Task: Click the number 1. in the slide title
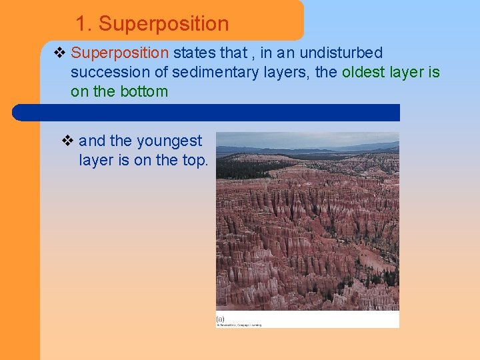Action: [x=83, y=25]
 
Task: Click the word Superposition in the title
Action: [x=163, y=25]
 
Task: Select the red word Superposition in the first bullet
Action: [x=120, y=53]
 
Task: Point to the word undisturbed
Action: [x=342, y=53]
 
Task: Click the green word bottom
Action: [x=144, y=91]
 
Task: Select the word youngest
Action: [x=169, y=141]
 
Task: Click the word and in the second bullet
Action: [x=92, y=141]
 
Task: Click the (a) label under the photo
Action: [x=220, y=319]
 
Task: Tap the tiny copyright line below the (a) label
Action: [x=239, y=325]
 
